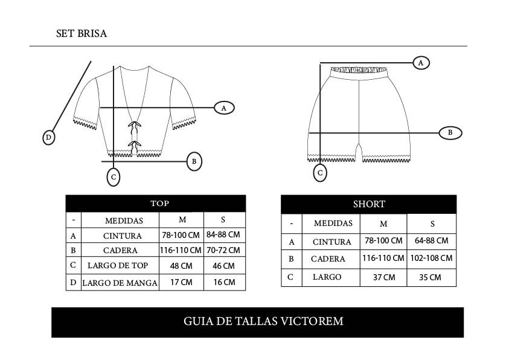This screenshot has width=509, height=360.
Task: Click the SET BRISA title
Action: click(x=82, y=34)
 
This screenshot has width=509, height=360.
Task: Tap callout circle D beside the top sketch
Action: click(x=49, y=138)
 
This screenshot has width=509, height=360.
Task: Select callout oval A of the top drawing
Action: click(x=224, y=108)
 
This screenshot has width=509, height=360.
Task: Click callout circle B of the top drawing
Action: click(x=194, y=161)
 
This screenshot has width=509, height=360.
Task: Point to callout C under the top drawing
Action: click(x=114, y=178)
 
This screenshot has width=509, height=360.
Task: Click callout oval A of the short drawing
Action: click(x=421, y=62)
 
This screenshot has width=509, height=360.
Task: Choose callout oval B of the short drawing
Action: click(x=450, y=133)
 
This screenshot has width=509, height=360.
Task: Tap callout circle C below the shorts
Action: click(x=320, y=173)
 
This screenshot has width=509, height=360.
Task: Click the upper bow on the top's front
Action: click(x=135, y=125)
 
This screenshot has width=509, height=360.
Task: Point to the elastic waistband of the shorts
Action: click(x=360, y=69)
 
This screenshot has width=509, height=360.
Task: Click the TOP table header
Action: click(x=159, y=204)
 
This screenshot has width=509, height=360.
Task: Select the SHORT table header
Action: click(x=369, y=204)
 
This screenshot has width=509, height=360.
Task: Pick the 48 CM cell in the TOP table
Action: click(x=181, y=266)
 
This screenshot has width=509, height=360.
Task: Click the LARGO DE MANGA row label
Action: click(x=120, y=283)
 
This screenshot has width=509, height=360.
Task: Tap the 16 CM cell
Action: click(x=224, y=283)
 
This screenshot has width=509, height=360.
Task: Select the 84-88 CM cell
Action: click(x=223, y=234)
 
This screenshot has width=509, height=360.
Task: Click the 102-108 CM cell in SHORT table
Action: click(x=431, y=258)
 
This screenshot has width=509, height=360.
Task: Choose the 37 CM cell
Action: click(x=383, y=277)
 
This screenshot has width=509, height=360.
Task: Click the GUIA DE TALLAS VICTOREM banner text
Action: click(x=263, y=321)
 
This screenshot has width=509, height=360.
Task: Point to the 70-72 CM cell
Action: click(x=223, y=250)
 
